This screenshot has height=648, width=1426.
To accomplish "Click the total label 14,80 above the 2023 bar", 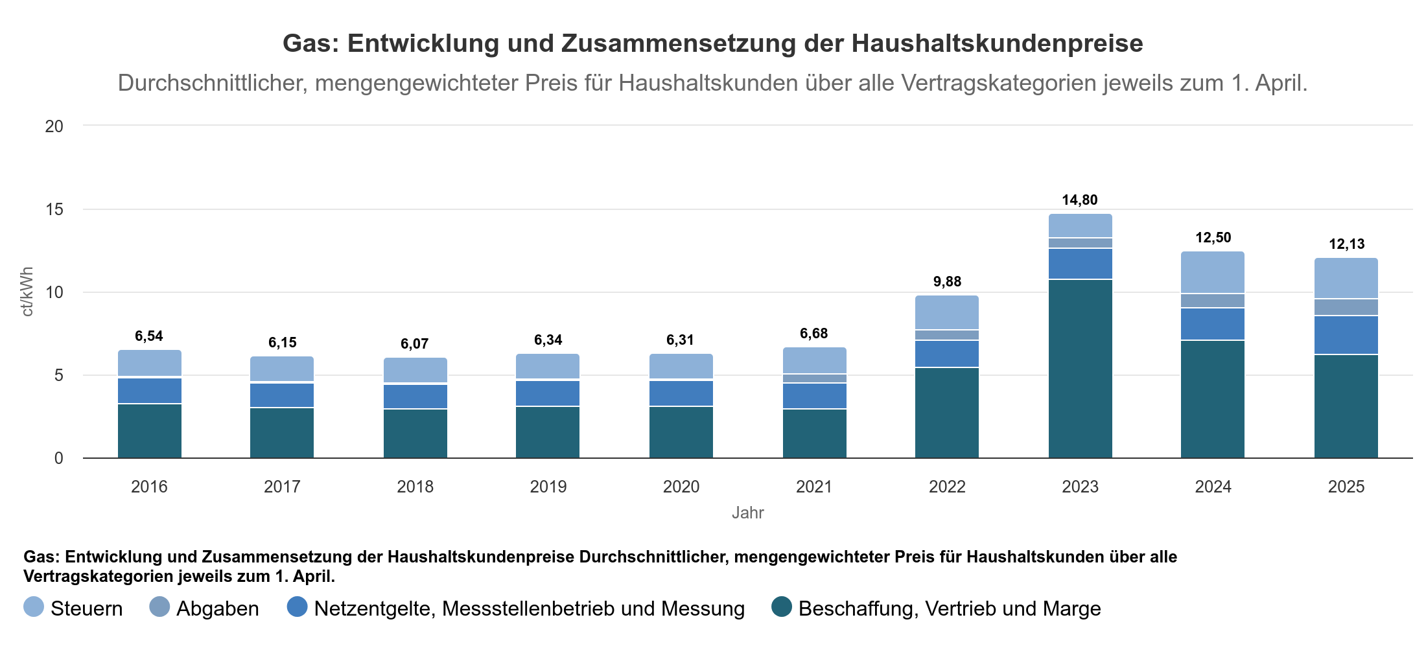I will click(x=1080, y=200).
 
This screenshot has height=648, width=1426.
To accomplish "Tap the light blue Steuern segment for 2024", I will click(x=1213, y=272).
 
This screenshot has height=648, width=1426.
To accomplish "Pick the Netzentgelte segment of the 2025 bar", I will click(x=1346, y=335).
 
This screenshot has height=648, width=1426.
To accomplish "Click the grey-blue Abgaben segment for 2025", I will click(x=1346, y=307).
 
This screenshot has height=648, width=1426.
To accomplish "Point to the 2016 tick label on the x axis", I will click(x=149, y=487).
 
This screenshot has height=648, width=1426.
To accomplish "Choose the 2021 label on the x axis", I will click(x=814, y=487).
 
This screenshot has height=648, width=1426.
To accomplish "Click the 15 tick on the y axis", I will click(x=54, y=209).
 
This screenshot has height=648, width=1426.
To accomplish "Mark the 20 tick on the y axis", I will click(x=54, y=126).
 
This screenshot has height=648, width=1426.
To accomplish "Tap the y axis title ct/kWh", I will click(x=27, y=292).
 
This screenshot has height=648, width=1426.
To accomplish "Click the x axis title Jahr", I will click(x=748, y=513).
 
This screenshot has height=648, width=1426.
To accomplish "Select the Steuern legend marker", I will click(x=34, y=607).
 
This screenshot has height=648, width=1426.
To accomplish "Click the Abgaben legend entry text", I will click(x=218, y=608).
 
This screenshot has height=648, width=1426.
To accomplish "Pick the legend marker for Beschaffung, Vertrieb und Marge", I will click(x=782, y=607).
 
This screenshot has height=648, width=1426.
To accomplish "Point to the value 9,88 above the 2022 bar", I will click(x=947, y=282).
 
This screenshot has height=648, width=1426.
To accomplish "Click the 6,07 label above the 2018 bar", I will click(x=415, y=344).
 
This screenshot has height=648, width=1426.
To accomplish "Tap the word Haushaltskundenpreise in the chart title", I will click(x=997, y=43).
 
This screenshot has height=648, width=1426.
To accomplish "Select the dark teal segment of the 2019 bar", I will click(x=548, y=432).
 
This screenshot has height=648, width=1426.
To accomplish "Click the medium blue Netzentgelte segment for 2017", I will click(x=282, y=395).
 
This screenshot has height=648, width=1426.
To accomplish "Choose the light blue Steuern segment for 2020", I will click(x=681, y=366).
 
